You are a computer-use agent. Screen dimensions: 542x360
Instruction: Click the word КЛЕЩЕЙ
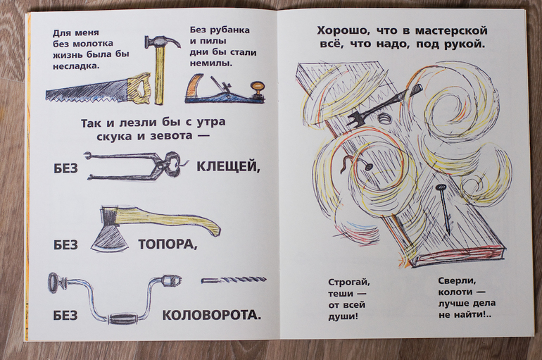(x=228, y=167)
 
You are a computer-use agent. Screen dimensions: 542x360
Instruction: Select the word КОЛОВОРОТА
(x=212, y=315)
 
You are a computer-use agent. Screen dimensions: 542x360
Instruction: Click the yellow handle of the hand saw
(x=139, y=88)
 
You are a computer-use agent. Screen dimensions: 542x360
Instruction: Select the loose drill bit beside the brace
(x=234, y=280)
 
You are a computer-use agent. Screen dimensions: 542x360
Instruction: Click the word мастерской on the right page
(x=451, y=31)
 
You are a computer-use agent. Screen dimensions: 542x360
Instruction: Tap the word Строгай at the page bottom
(x=348, y=283)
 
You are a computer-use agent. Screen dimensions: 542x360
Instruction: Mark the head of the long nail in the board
(x=440, y=188)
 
